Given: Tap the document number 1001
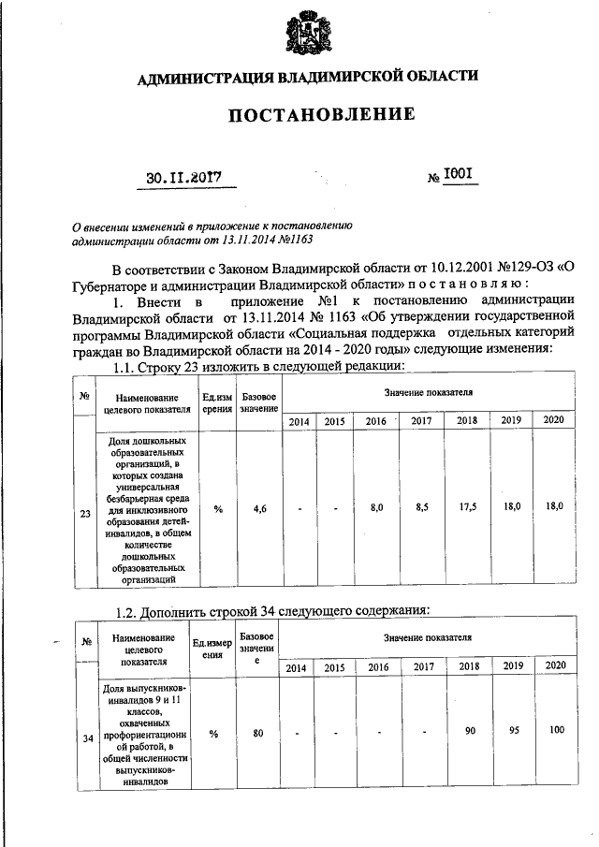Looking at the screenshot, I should pos(460,173).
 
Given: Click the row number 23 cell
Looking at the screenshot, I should pos(85,513).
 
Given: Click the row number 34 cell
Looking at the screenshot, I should pos(86,738).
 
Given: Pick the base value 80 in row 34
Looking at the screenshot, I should pos(256,733).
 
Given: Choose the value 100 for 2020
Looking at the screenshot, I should pos(556,728).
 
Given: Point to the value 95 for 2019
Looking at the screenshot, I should pos(512,728).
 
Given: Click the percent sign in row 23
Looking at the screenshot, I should pos(217,508).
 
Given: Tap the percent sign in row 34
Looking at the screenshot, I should pos(212,734).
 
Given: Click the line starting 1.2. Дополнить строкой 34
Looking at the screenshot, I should pos(271,611).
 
